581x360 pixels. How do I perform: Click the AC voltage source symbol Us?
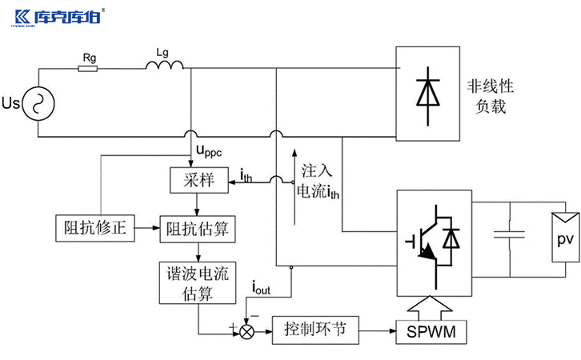36,102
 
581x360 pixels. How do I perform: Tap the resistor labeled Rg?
87,69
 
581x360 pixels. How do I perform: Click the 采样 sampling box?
194,180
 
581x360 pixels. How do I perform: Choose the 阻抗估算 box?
198,230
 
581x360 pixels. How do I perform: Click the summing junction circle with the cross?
247,330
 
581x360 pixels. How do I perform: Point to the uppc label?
209,150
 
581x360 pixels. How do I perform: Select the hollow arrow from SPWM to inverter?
432,307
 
